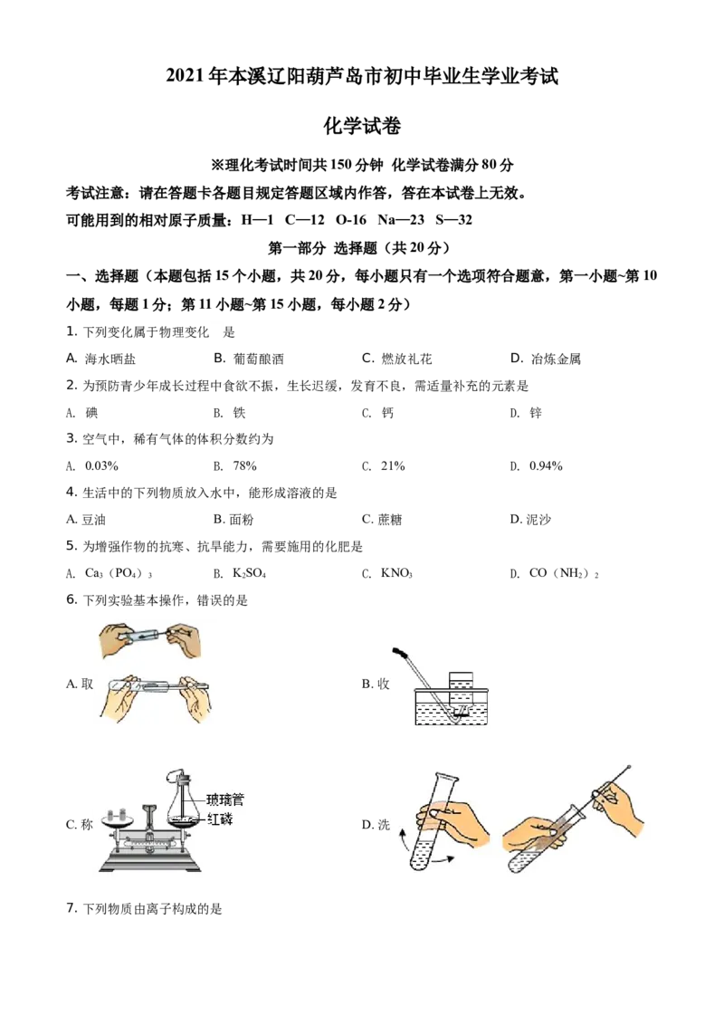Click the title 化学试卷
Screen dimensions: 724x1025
click(x=362, y=126)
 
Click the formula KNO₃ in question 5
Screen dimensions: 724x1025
click(x=396, y=573)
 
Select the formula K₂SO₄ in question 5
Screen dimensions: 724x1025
click(x=250, y=573)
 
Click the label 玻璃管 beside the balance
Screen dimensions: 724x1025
click(x=225, y=800)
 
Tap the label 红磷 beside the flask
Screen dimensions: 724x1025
click(x=220, y=819)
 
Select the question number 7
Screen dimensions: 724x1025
click(x=71, y=908)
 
